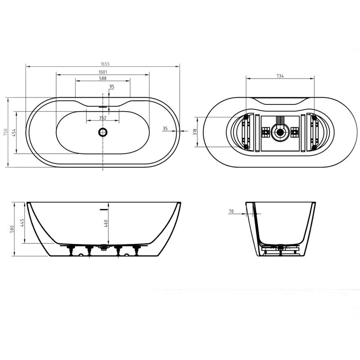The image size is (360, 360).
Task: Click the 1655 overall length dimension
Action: pos(103,64)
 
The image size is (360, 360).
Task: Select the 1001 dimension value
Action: pos(103,72)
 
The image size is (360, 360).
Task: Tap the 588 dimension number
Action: pos(103,79)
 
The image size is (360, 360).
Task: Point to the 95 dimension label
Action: pos(112,86)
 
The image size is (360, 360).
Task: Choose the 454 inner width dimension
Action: pos(14,132)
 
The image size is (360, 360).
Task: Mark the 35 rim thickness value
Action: pos(165,128)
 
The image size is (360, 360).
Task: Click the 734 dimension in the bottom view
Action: pos(279,76)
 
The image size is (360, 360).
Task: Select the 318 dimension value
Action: pos(195,132)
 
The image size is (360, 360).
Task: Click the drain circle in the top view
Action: pos(103,132)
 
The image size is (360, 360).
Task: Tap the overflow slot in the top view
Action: pos(103,107)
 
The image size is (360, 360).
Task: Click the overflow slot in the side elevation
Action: pos(104,209)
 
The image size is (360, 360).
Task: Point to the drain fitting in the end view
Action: pos(280,246)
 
